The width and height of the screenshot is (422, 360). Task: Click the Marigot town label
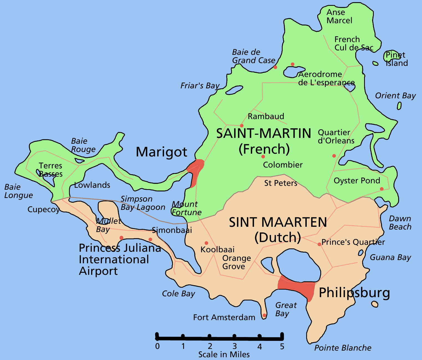coord(162,152)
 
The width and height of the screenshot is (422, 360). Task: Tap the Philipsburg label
coord(354,293)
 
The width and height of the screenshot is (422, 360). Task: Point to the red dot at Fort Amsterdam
coord(264,315)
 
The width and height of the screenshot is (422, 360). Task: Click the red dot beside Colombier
coord(263,157)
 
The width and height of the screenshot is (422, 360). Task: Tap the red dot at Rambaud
coord(242,126)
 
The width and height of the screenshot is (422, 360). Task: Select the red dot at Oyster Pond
coord(382,189)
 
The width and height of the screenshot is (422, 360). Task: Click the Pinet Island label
coord(396,59)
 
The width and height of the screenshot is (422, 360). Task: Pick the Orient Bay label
coord(395,96)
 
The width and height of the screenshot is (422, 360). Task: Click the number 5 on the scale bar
coord(282,346)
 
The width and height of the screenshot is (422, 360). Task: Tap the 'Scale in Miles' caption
coord(224,354)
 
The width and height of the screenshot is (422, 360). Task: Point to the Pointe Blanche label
coord(343,348)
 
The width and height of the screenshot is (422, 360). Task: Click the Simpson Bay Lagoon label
coord(143,203)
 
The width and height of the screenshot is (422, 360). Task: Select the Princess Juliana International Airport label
coord(120,259)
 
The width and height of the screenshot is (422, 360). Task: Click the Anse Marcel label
coord(339,16)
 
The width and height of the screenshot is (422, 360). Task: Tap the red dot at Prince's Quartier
coord(319,244)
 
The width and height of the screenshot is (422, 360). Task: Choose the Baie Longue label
coord(19,191)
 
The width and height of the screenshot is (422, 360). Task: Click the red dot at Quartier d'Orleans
coord(334,156)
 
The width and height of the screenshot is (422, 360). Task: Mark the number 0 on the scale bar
coord(157,346)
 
